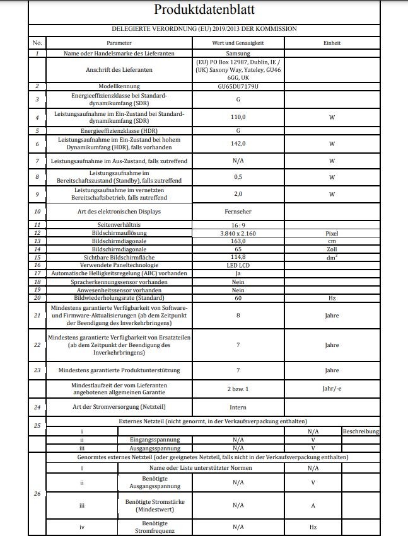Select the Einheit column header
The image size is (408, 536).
(x=332, y=43)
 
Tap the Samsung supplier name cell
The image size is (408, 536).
(x=238, y=54)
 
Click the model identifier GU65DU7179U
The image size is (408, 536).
(x=238, y=86)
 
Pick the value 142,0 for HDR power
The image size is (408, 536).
(x=238, y=143)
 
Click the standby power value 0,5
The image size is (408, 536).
(x=238, y=176)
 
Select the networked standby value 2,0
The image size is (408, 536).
(x=238, y=194)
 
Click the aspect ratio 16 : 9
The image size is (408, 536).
(x=238, y=224)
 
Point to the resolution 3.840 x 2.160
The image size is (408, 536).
(x=238, y=232)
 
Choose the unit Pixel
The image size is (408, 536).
(x=332, y=232)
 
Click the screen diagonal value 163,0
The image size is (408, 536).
(x=238, y=241)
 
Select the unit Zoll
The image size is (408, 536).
(x=332, y=249)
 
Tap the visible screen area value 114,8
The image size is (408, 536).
(x=238, y=257)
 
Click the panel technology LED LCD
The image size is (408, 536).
(x=238, y=265)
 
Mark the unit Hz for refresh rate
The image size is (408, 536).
(x=332, y=297)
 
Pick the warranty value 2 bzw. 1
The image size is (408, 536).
(x=238, y=389)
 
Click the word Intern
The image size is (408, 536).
(x=238, y=407)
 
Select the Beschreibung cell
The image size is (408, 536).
(x=361, y=431)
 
